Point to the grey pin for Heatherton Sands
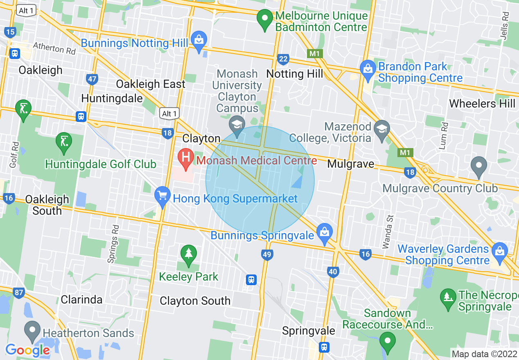[x=32, y=330]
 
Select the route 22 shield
[x=283, y=59]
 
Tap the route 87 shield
[x=18, y=292]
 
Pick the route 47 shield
[x=92, y=79]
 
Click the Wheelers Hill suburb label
[x=482, y=103]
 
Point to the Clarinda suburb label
[x=81, y=299]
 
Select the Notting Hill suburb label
[x=294, y=74]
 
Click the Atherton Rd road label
[x=54, y=49]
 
